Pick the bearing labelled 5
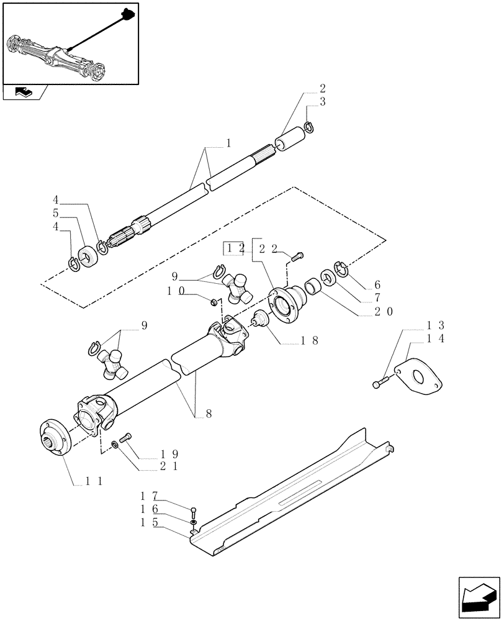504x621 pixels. point(88,256)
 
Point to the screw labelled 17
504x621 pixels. point(194,512)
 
